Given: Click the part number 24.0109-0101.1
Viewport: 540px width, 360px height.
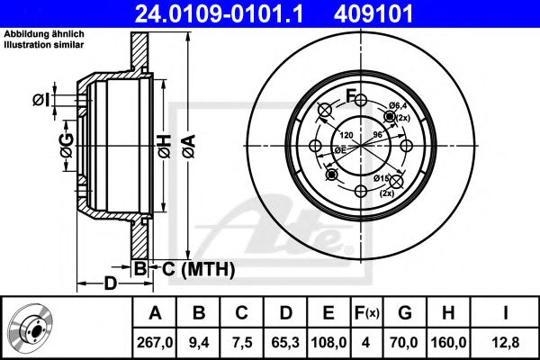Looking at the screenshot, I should (230, 14).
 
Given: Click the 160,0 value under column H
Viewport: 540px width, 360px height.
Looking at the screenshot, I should (448, 342).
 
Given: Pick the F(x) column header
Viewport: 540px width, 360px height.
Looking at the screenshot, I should (368, 314).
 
